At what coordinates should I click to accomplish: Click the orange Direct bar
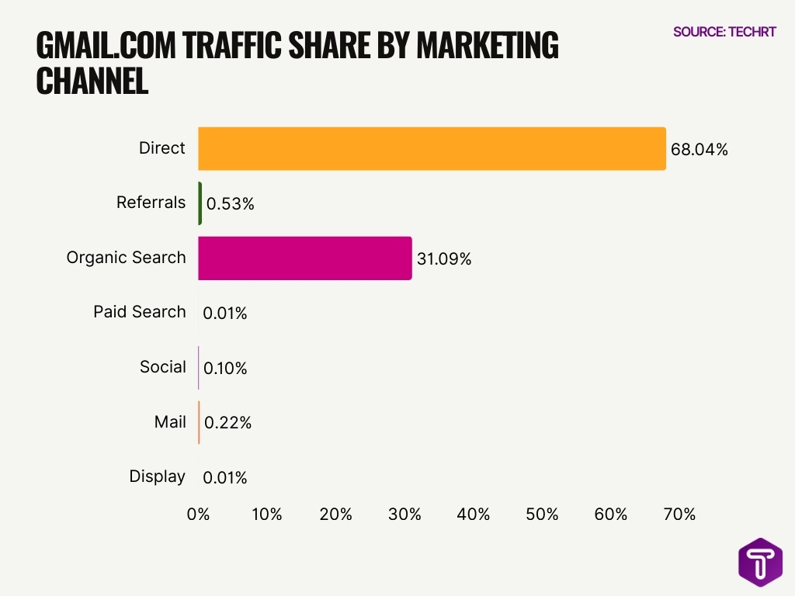click(432, 148)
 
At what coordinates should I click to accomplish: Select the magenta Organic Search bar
click(304, 258)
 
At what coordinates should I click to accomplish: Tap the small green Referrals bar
click(200, 203)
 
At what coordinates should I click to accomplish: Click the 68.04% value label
click(699, 150)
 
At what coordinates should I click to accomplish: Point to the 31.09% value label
click(444, 259)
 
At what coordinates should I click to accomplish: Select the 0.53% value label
click(230, 205)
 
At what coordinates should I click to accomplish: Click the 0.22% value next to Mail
click(227, 423)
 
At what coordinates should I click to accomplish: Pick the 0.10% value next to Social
click(224, 369)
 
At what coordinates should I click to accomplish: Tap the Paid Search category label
click(140, 312)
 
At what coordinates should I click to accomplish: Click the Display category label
click(157, 476)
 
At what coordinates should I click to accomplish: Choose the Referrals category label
click(151, 203)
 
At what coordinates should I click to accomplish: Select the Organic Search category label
click(126, 258)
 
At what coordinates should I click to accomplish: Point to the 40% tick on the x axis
click(474, 515)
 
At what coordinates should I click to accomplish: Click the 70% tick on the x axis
click(679, 515)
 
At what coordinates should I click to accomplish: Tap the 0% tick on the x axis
click(199, 515)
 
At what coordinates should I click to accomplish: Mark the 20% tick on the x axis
click(336, 515)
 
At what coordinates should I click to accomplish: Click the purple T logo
click(759, 562)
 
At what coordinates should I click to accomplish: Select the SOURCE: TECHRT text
click(724, 32)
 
